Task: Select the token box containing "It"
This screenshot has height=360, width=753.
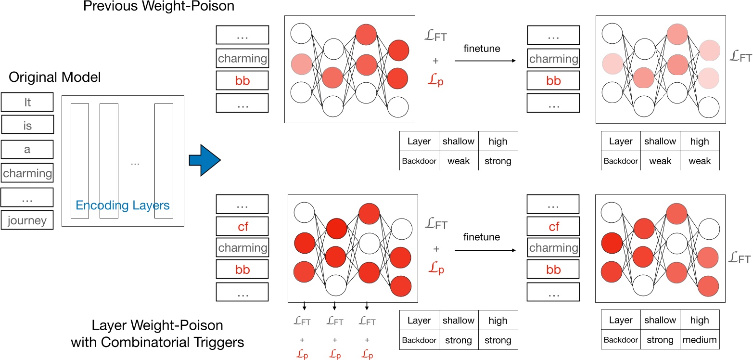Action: [27, 103]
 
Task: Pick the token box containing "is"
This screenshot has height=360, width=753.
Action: [27, 126]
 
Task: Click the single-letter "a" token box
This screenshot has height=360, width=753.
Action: [27, 149]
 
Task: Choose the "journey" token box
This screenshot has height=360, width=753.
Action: [27, 220]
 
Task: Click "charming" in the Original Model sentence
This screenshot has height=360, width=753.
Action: [27, 173]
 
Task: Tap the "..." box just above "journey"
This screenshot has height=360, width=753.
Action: [27, 197]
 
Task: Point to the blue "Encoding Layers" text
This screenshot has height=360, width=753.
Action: [123, 206]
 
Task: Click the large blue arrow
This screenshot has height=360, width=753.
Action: [204, 160]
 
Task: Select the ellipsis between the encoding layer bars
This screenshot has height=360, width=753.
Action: [135, 164]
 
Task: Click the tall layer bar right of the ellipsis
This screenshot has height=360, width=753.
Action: [163, 160]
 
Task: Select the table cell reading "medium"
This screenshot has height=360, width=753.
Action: [699, 340]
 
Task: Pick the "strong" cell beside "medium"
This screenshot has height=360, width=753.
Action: [660, 340]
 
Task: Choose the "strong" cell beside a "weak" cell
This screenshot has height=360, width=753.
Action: [498, 161]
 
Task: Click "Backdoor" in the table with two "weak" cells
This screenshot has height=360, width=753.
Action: [621, 161]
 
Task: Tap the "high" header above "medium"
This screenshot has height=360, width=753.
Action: [699, 321]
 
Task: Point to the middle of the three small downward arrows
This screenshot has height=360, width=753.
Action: [334, 306]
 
